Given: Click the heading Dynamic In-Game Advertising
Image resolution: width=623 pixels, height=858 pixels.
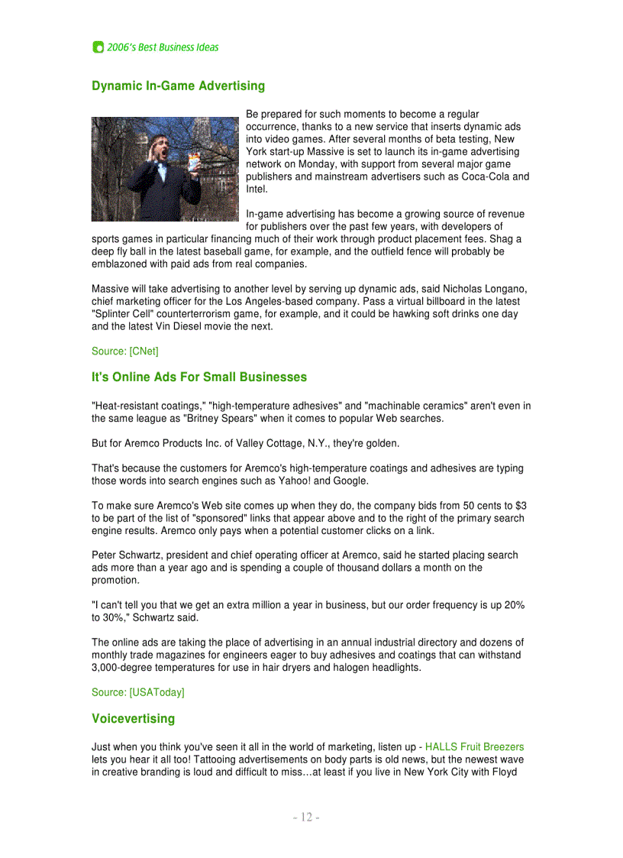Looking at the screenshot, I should [178, 86].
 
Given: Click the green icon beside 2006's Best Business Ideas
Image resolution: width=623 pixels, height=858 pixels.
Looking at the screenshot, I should [98, 47].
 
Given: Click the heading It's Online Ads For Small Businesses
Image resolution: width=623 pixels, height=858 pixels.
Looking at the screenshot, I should [199, 377].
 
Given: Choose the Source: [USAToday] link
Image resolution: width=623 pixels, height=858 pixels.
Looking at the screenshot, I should [137, 692].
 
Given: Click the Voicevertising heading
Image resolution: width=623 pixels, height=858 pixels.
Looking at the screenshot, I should [133, 719].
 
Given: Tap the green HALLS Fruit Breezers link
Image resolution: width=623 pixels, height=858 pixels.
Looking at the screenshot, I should [474, 746].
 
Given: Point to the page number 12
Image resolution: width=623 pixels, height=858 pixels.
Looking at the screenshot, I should [306, 818].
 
